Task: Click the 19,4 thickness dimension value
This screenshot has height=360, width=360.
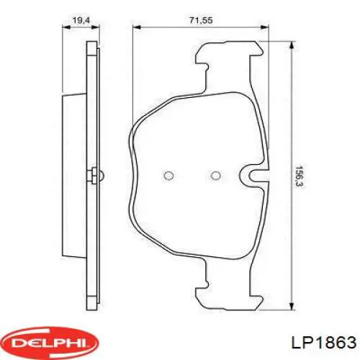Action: pos(81,20)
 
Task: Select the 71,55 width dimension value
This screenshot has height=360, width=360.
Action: pos(201,20)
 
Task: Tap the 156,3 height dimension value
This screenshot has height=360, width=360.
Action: pos(299,176)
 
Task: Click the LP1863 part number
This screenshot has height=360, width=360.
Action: pos(323,342)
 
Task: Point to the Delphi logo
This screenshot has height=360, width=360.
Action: pos(50,343)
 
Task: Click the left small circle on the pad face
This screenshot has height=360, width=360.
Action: pos(168,176)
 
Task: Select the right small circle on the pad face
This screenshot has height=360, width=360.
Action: pos(215,176)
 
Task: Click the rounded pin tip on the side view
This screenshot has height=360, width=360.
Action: pos(102,176)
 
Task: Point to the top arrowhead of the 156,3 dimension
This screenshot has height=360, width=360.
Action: pos(292,45)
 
